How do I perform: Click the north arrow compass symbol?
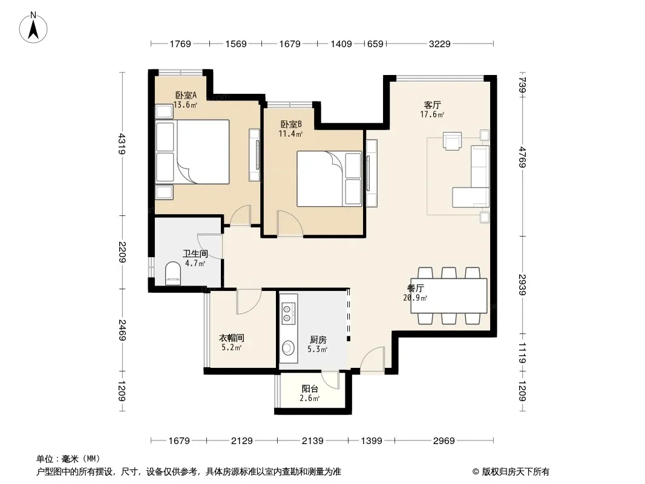coord(33,27)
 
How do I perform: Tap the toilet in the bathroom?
coord(173,274)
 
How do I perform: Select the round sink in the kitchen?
coord(288,348)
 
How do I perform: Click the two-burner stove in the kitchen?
coord(288,313)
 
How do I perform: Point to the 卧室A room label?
coord(186,95)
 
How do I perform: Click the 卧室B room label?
coord(291,124)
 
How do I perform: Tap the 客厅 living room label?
coord(433,105)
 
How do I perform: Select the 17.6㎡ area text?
coord(432,115)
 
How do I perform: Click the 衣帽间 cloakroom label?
coord(231,338)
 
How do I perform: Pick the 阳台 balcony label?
coord(310,388)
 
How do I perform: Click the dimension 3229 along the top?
coord(440,44)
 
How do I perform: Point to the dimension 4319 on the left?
coord(122,143)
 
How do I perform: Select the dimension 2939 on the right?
coord(522,284)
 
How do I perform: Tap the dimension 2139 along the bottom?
coord(313,441)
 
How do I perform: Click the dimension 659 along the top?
coord(375,44)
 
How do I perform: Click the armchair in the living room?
coord(452,140)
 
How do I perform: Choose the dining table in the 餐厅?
coord(449,296)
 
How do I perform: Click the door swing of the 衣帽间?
coord(249,302)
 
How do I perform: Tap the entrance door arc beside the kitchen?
coord(373,360)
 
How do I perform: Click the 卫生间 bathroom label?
coord(195,253)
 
